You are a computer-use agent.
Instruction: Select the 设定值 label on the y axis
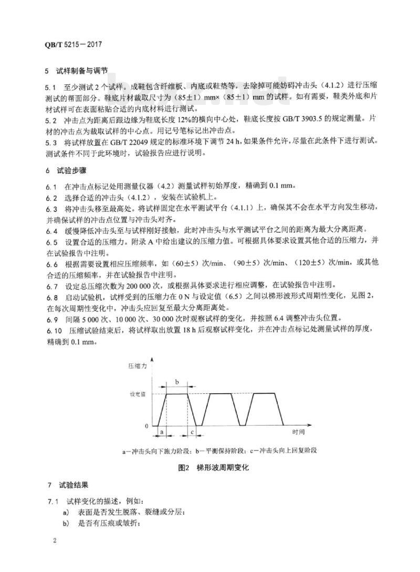(x=138, y=394)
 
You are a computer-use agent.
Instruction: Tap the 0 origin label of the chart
(x=147, y=426)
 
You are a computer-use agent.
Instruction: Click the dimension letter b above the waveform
(x=177, y=382)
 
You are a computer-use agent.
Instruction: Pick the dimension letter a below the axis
(x=162, y=433)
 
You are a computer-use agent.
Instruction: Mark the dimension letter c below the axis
(x=192, y=433)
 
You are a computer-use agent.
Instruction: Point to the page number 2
(x=55, y=539)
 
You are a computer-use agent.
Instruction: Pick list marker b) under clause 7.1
(x=66, y=523)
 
